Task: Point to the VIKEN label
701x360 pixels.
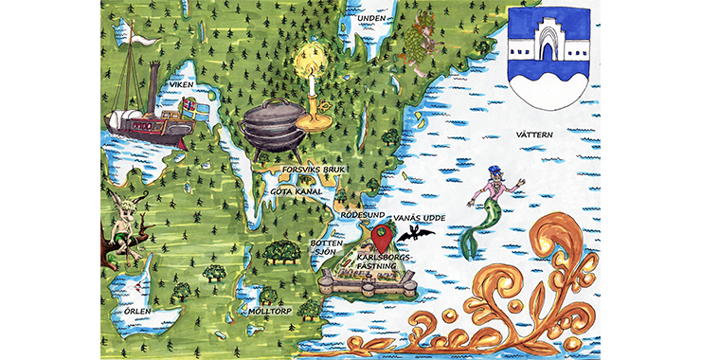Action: click(x=180, y=85)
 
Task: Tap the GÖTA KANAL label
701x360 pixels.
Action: click(x=297, y=191)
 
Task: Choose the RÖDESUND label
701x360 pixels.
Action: click(x=362, y=214)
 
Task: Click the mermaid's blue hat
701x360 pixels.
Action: click(x=494, y=173)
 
